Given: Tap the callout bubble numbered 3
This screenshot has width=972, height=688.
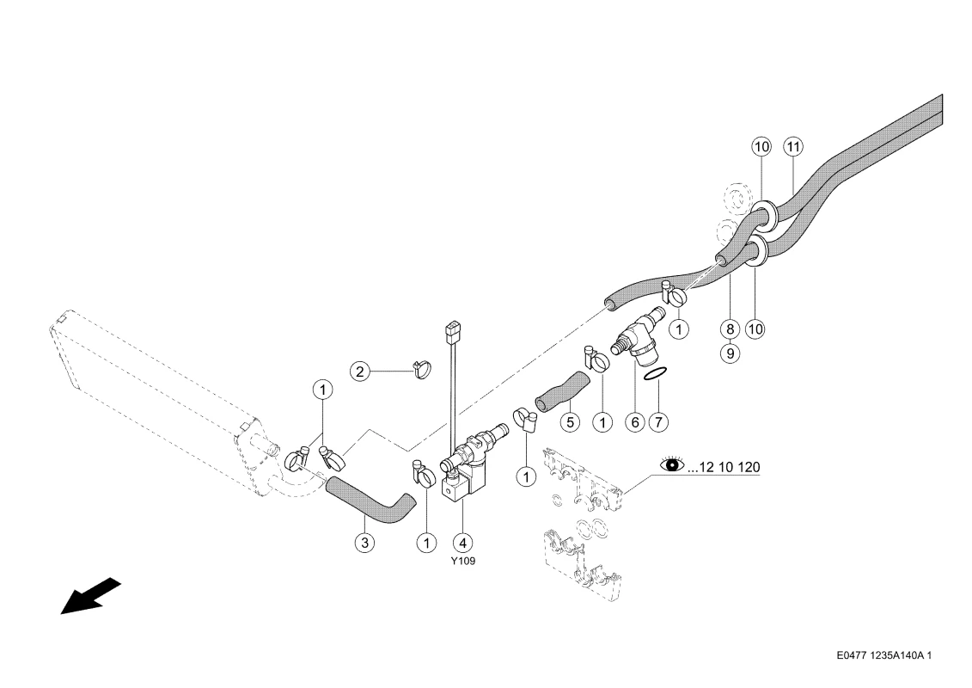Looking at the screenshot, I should [366, 543].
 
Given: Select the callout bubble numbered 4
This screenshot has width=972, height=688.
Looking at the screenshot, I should [463, 543].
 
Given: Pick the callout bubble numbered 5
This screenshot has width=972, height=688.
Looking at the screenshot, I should [572, 422].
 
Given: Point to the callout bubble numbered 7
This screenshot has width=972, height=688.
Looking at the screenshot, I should [659, 422].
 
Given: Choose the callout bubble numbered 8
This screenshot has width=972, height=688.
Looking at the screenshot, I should [731, 328].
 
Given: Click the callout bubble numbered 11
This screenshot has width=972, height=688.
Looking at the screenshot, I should [793, 146].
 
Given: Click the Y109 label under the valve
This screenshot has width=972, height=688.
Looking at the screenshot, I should [463, 561].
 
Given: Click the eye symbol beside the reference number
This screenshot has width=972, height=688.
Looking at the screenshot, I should [670, 465].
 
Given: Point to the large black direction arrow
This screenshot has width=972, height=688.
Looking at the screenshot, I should [89, 596].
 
